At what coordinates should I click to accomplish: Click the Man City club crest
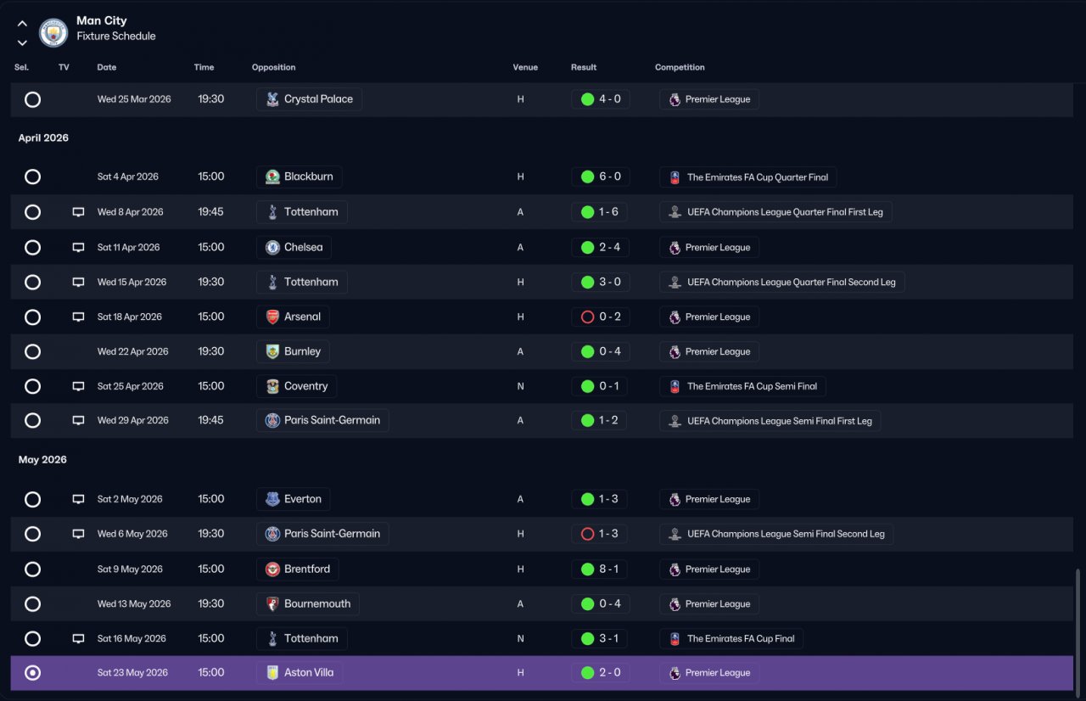(x=53, y=32)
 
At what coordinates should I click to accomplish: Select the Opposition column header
(x=273, y=67)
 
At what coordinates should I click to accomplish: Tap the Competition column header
(x=680, y=67)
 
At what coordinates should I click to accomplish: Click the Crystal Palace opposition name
(x=318, y=99)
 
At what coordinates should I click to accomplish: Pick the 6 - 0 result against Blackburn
(x=610, y=177)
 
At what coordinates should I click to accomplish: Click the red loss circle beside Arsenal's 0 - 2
(x=588, y=317)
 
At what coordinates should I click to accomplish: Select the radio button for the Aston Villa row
(x=32, y=673)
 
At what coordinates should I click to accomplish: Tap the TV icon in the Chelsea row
(x=78, y=247)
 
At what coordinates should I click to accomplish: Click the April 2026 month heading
(x=43, y=137)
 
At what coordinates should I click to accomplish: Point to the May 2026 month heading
(x=42, y=460)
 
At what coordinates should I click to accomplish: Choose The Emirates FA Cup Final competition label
(x=741, y=638)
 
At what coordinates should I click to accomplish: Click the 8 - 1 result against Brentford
(x=609, y=569)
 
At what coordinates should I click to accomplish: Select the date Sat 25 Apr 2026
(x=131, y=386)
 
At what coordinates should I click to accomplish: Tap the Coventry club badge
(x=272, y=386)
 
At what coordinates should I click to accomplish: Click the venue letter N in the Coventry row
(x=520, y=386)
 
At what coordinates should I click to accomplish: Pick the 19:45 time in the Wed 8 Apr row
(x=211, y=212)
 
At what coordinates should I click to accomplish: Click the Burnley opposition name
(x=303, y=351)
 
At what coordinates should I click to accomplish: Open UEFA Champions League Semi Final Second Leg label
(x=786, y=534)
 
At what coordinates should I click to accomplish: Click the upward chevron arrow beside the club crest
(x=22, y=23)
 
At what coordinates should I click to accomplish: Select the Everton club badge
(x=272, y=499)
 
